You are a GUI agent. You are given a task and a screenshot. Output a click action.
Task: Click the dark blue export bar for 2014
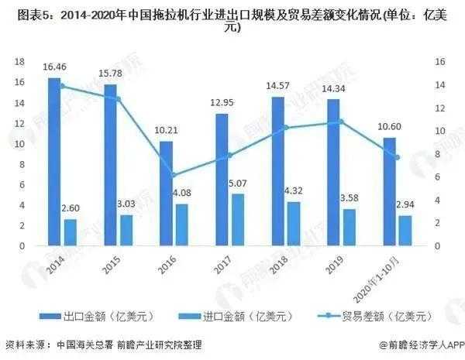coord(54,163)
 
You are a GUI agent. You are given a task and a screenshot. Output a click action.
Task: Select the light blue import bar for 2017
coord(239,220)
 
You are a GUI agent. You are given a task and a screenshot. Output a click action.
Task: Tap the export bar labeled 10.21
coord(166,194)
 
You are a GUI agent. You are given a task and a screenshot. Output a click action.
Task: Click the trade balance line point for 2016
coord(174,176)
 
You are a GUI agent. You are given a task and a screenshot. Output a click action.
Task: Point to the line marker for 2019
coord(341,122)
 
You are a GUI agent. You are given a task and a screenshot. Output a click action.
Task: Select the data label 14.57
coord(277,87)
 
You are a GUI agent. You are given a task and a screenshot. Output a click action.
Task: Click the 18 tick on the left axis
coord(21,61)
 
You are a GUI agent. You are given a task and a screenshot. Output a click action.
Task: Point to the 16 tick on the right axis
coord(440,61)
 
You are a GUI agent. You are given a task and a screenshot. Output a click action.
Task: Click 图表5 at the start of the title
coord(22,13)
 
